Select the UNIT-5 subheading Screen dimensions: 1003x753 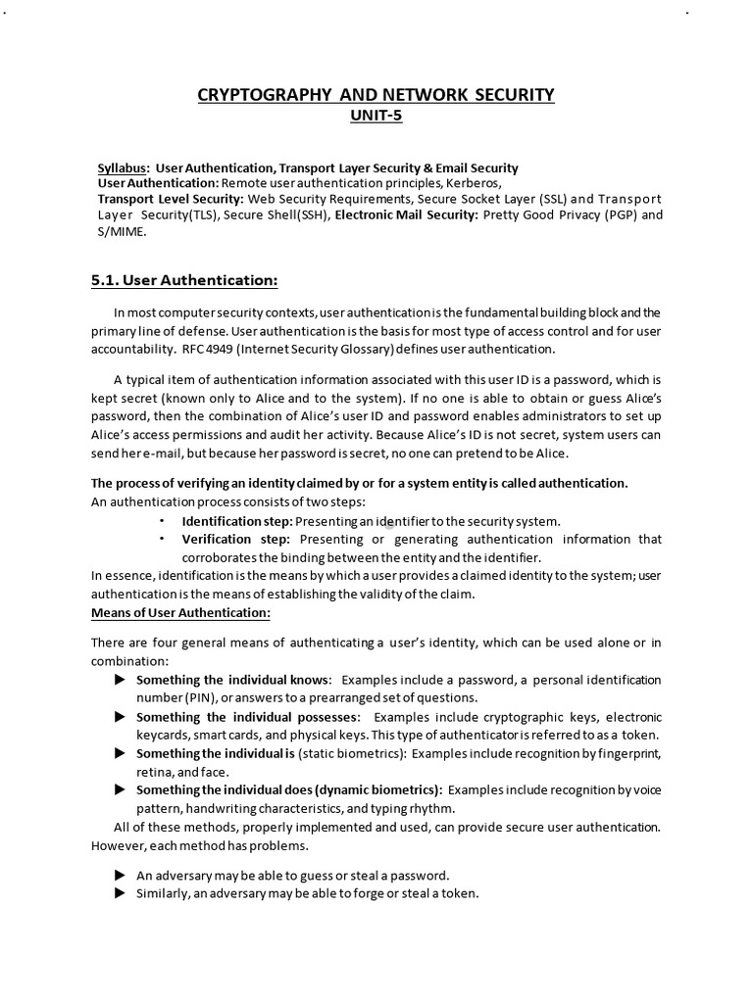tap(376, 116)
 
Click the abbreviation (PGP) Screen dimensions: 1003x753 tap(611, 215)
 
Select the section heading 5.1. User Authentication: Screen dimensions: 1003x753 tap(184, 281)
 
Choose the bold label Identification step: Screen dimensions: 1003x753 tap(236, 521)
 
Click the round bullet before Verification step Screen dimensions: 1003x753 tap(162, 539)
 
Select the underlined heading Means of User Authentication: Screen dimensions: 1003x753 tap(180, 612)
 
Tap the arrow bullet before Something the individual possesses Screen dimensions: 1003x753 tap(120, 717)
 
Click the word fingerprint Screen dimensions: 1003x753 tap(628, 753)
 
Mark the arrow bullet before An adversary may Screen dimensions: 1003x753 tap(120, 875)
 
